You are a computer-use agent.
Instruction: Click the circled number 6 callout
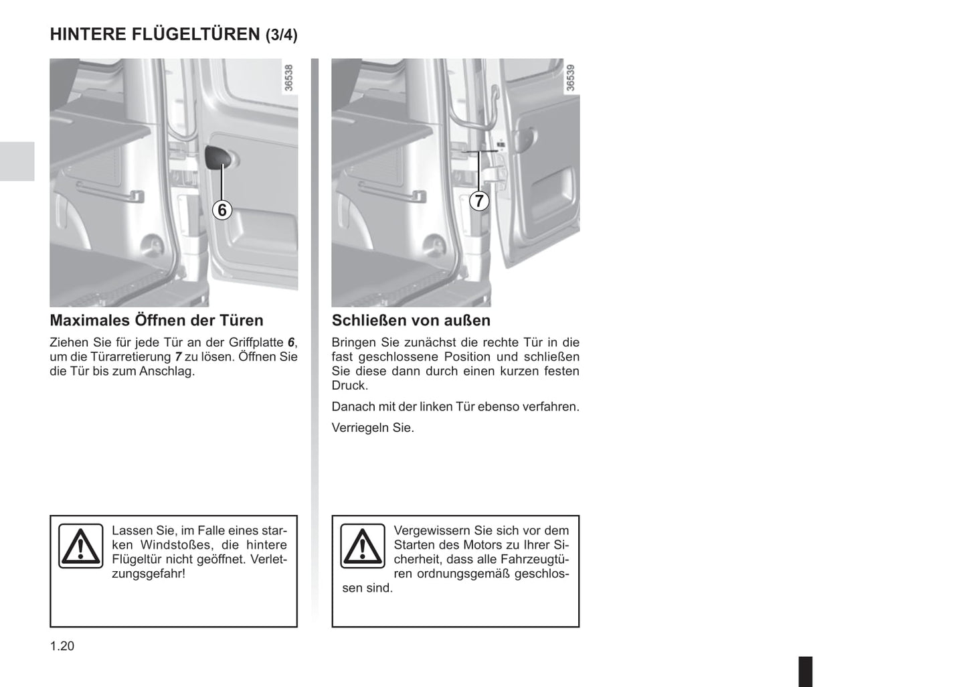(x=222, y=210)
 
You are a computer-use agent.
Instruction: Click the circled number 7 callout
(x=478, y=201)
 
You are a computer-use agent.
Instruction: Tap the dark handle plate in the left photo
(x=218, y=159)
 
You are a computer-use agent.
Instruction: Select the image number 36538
(x=289, y=78)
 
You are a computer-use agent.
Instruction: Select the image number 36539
(x=570, y=78)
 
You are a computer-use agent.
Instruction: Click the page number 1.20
(x=62, y=646)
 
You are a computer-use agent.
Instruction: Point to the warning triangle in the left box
(x=81, y=546)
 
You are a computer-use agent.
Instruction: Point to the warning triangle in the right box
(x=363, y=546)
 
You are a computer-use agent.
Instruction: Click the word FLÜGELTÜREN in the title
(x=196, y=33)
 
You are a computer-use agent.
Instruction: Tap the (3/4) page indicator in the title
(x=282, y=35)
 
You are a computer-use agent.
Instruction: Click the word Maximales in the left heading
(x=90, y=320)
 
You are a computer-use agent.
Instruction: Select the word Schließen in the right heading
(x=369, y=320)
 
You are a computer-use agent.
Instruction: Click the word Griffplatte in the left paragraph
(x=256, y=343)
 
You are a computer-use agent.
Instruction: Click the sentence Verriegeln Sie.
(x=373, y=428)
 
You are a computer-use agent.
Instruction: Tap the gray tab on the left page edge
(x=17, y=161)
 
